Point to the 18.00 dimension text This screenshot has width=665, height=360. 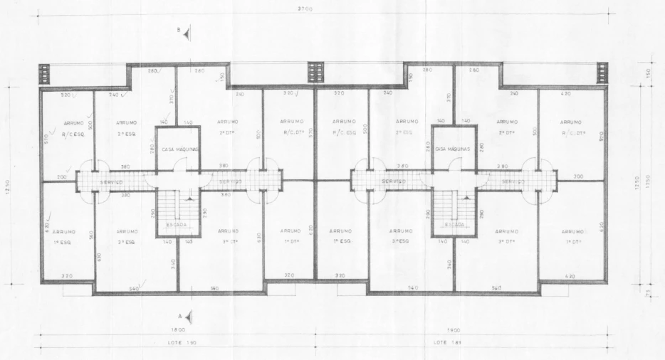177,330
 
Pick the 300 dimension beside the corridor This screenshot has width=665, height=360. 578,176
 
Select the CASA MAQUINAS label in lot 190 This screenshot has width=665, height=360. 178,149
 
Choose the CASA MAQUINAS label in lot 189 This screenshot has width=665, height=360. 454,149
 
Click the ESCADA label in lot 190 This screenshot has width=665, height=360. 177,224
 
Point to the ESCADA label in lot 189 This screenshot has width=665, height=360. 454,224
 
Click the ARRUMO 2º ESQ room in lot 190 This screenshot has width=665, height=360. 127,127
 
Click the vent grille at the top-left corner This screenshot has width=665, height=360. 45,73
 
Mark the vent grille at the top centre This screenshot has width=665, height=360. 315,72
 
